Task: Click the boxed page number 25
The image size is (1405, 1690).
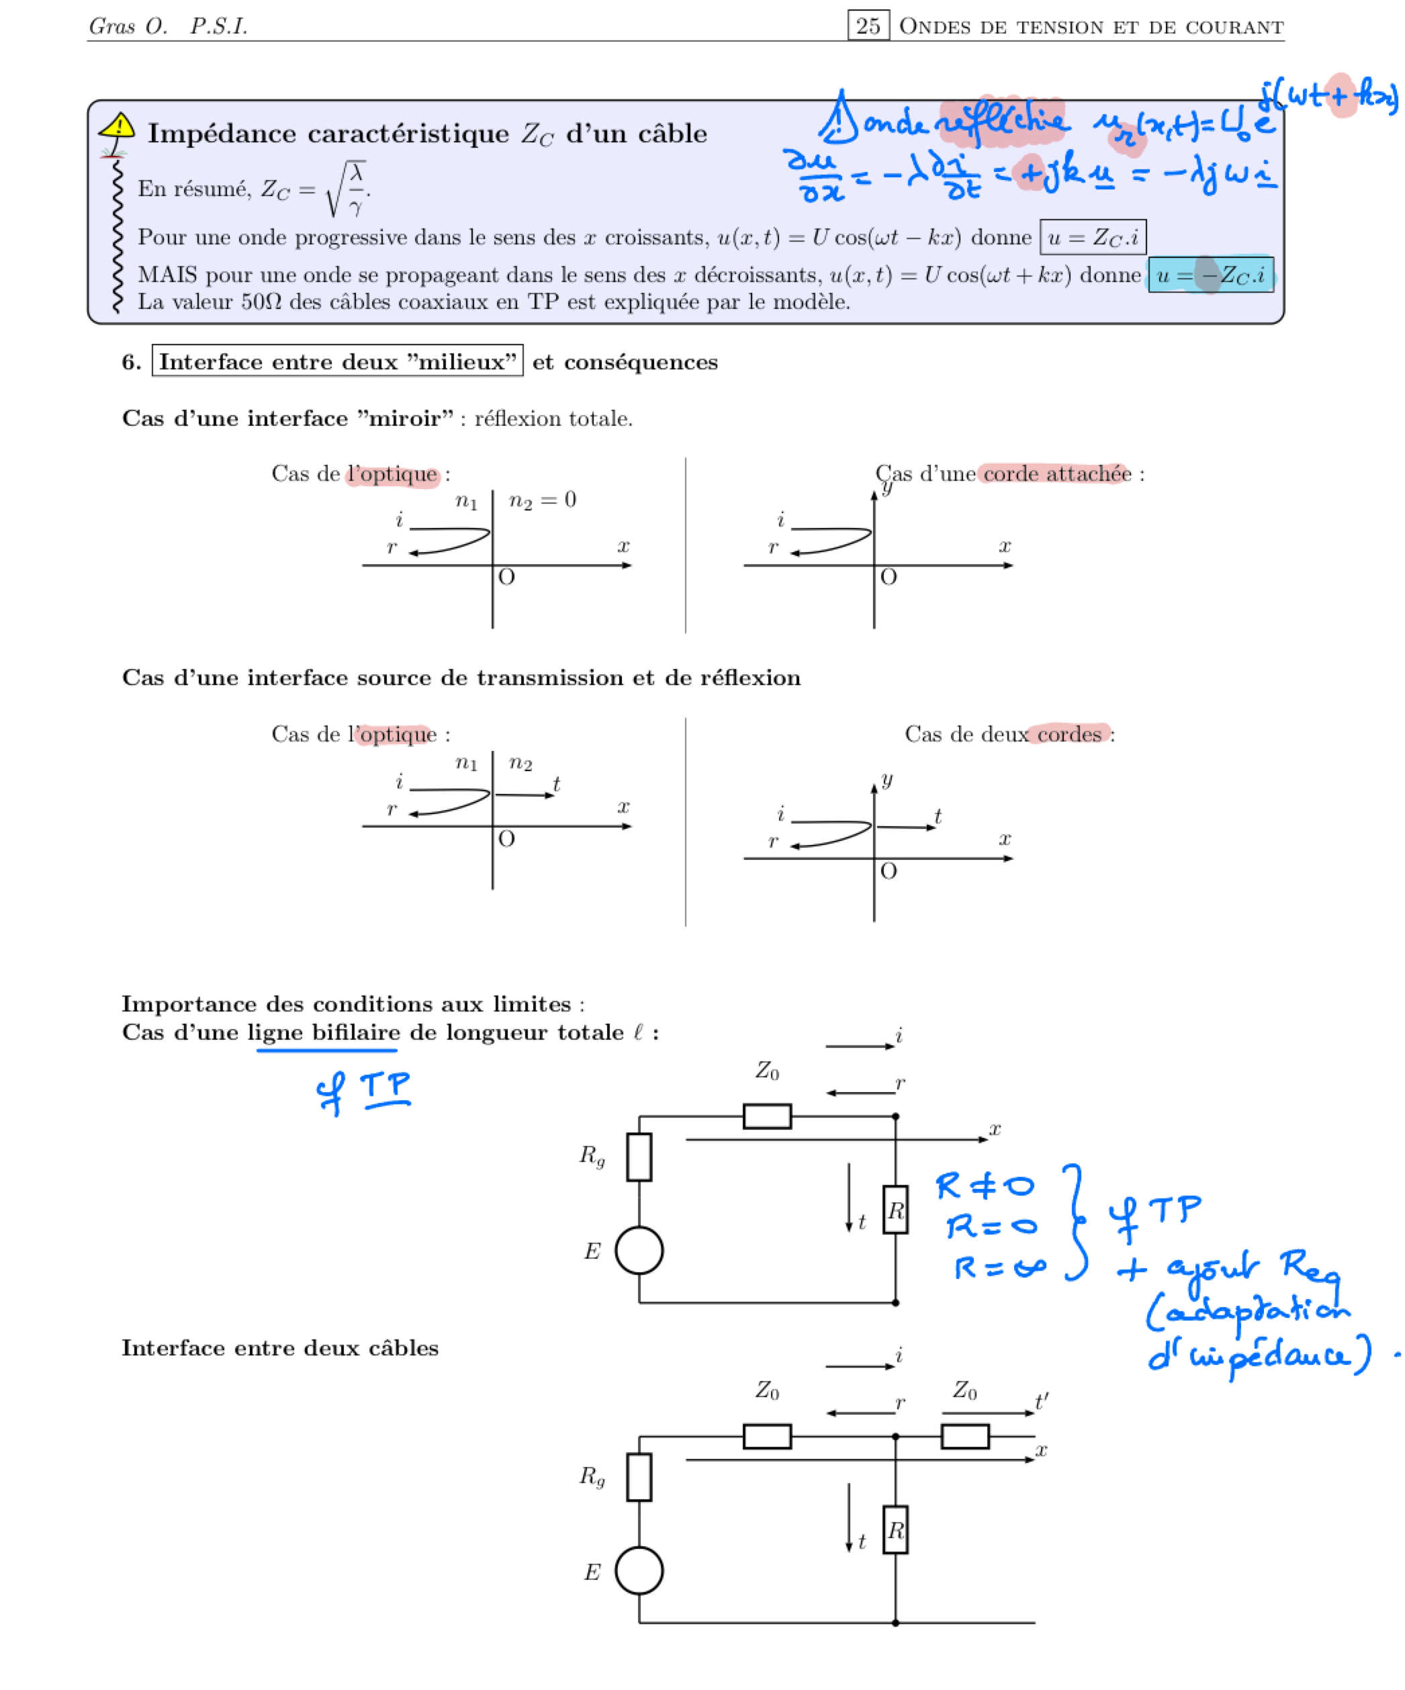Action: pyautogui.click(x=868, y=26)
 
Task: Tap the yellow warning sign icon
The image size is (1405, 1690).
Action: pyautogui.click(x=118, y=126)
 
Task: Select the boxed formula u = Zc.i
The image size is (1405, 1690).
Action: pyautogui.click(x=1092, y=237)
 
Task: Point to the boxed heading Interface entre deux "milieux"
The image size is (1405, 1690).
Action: pyautogui.click(x=337, y=361)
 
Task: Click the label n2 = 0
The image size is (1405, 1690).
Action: pyautogui.click(x=543, y=500)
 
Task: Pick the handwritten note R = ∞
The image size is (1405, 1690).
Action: pyautogui.click(x=999, y=1268)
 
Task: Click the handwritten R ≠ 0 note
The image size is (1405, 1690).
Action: pyautogui.click(x=985, y=1185)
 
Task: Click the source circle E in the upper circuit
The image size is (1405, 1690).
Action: pyautogui.click(x=639, y=1251)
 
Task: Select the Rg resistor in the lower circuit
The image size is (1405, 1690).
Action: pyautogui.click(x=639, y=1477)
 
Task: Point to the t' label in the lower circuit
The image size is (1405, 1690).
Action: pyautogui.click(x=1041, y=1402)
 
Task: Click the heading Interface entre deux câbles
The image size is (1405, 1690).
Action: pyautogui.click(x=280, y=1348)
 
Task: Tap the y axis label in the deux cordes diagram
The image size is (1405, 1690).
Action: pyautogui.click(x=887, y=779)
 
